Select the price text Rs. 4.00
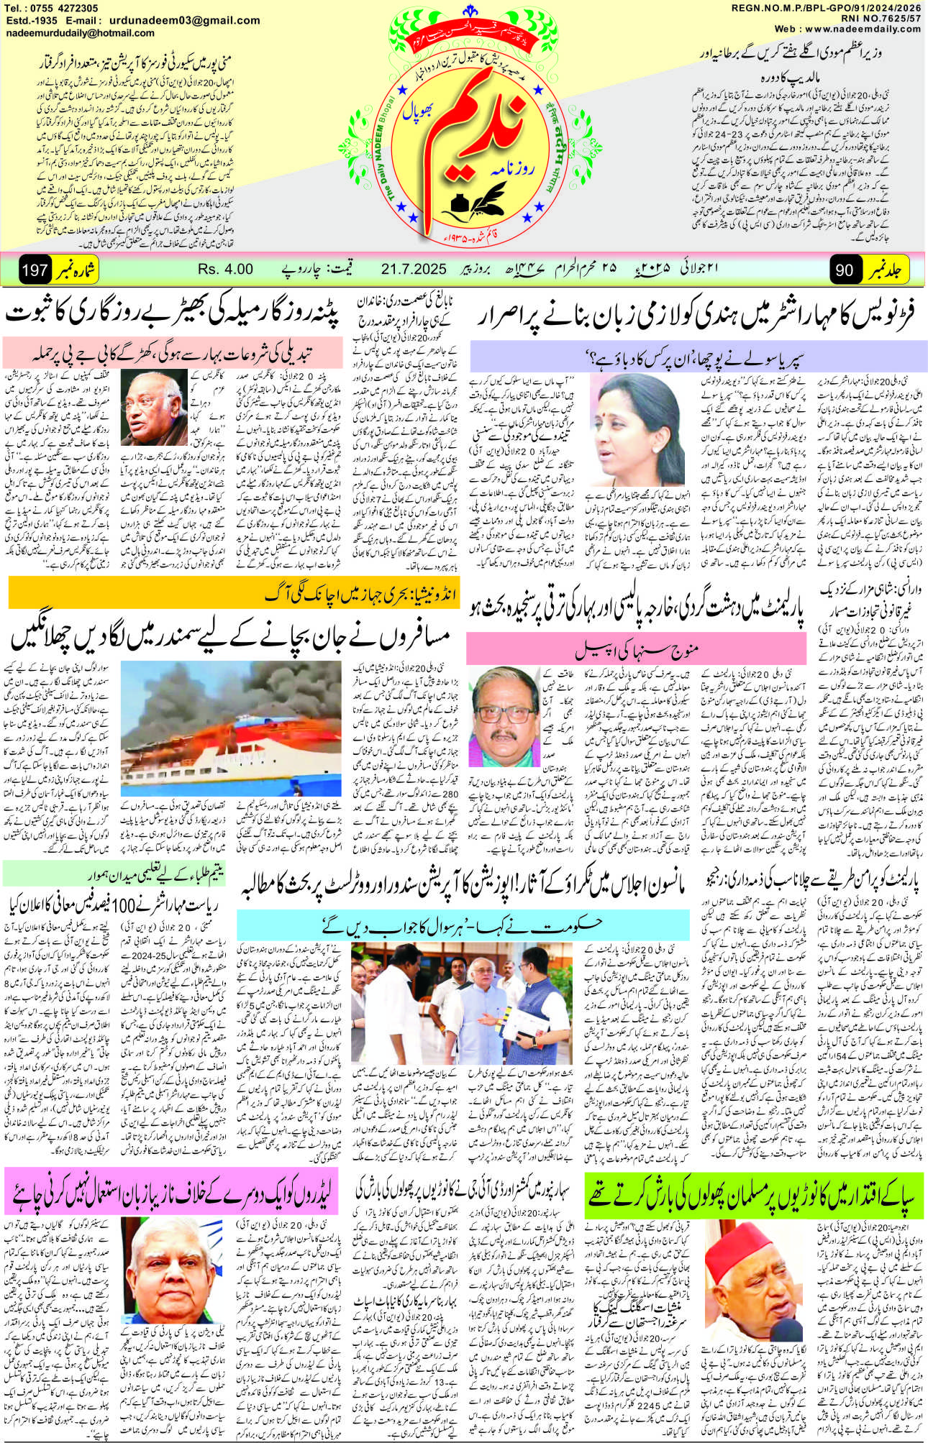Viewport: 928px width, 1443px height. pyautogui.click(x=225, y=270)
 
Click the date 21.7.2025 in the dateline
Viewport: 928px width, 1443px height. pyautogui.click(x=414, y=270)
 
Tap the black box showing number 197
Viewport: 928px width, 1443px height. pyautogui.click(x=35, y=271)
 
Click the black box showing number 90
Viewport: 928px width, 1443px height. pyautogui.click(x=845, y=270)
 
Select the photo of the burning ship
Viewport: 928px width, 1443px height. pyautogui.click(x=231, y=728)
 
